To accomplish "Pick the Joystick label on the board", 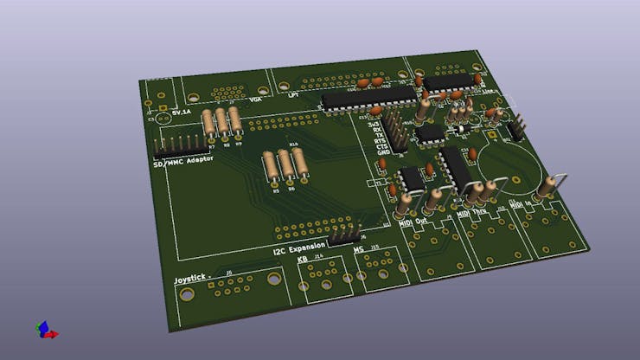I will point(192,280).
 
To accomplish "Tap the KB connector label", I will point(302,259).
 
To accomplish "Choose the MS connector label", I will point(358,252).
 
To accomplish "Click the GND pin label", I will point(382,152).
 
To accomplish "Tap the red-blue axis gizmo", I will point(45,330).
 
